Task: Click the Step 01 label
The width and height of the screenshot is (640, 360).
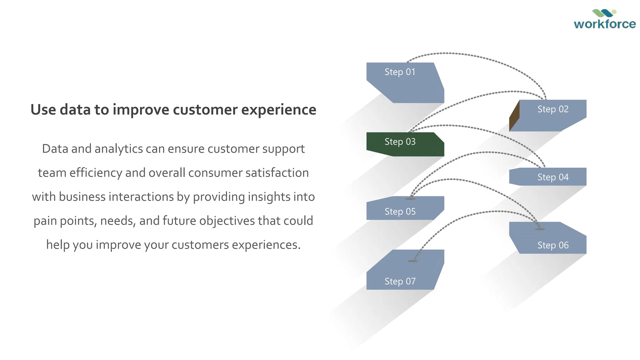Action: pyautogui.click(x=400, y=72)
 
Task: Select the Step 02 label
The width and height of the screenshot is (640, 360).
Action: pyautogui.click(x=552, y=109)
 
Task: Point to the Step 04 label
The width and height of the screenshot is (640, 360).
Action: pyautogui.click(x=552, y=177)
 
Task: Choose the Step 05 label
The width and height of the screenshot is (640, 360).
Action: pyautogui.click(x=400, y=212)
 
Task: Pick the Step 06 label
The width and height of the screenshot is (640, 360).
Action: pyautogui.click(x=552, y=245)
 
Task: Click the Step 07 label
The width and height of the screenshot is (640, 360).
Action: pyautogui.click(x=400, y=281)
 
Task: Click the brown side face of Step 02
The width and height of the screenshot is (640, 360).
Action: pyautogui.click(x=514, y=116)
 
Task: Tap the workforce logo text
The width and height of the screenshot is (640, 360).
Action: pyautogui.click(x=604, y=24)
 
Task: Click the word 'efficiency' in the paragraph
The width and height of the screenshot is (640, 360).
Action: pyautogui.click(x=96, y=173)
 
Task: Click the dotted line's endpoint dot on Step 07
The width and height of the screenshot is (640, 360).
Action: pyautogui.click(x=413, y=261)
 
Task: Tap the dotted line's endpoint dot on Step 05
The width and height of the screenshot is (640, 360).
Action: pyautogui.click(x=410, y=199)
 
